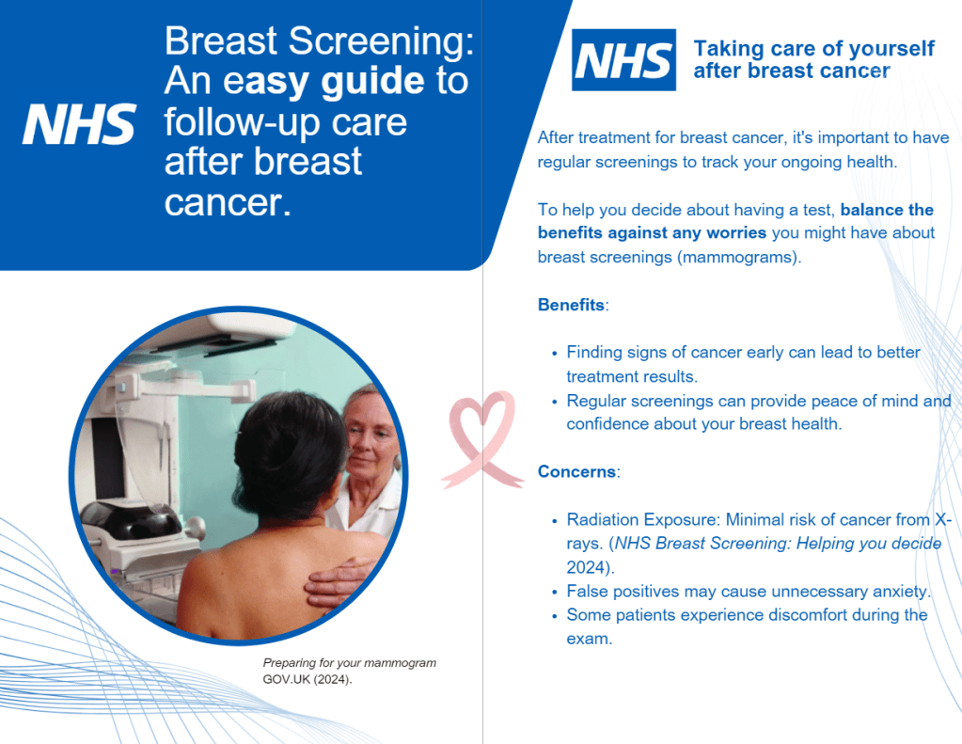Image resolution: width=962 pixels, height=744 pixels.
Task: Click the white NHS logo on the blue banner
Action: coord(79,124)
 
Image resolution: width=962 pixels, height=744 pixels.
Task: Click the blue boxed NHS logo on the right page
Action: coord(624,60)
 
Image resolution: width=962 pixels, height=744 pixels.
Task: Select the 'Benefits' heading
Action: coord(571,305)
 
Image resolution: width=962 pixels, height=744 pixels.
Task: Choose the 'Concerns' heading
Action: coord(576,471)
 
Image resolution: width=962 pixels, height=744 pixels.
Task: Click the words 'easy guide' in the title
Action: coord(323,81)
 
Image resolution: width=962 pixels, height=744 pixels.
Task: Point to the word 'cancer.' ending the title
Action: coord(228,202)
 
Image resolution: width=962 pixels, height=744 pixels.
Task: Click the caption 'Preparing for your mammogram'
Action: coord(350,663)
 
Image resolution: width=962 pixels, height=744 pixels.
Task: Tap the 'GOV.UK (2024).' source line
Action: coord(308,679)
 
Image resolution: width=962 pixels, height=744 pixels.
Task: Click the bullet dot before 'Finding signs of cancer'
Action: coord(555,355)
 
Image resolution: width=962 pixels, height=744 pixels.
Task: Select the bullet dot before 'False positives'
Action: coord(555,593)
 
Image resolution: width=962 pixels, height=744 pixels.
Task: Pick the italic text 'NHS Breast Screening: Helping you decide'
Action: coord(778,544)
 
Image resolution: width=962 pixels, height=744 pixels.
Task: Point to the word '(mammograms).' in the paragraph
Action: coord(739,257)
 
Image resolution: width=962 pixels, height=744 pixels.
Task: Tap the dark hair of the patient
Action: coord(290,451)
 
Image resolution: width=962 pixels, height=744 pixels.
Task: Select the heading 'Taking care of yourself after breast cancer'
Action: coord(813,59)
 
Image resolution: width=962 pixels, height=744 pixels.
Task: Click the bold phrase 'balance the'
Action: coord(887,210)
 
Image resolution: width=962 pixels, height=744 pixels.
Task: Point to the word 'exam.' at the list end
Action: coord(590,639)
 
